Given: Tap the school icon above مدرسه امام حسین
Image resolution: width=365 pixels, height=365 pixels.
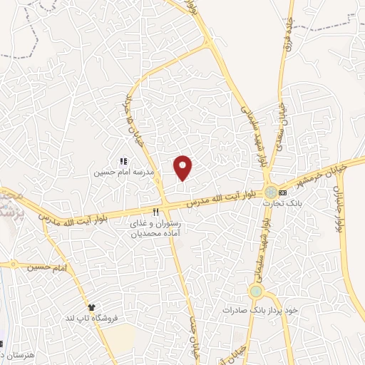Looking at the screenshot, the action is tap(123, 162).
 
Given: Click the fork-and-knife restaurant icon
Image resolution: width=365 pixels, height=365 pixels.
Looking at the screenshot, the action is tap(155, 212).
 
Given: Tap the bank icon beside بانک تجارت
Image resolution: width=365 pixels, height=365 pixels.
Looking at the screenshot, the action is tap(284, 192).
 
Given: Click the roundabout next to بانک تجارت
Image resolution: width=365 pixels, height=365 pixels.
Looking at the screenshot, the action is tap(271, 192).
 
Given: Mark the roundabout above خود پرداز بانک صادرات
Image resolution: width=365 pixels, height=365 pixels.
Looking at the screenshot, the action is tap(256, 290).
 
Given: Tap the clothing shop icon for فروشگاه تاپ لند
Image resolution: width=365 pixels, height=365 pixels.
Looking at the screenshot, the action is tap(91, 306).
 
